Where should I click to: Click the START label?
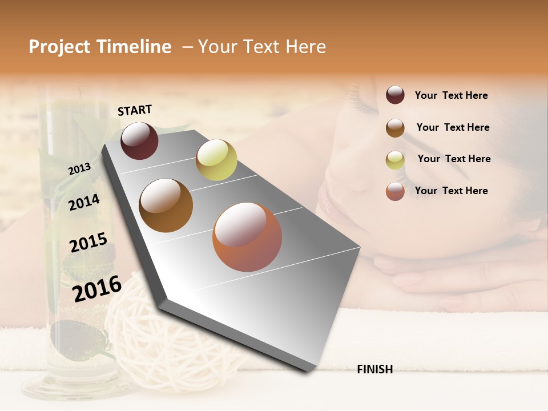(135, 110)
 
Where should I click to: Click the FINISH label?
(374, 369)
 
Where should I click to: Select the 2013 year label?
(79, 169)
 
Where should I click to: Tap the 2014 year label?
(84, 202)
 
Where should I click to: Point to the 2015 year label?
(88, 243)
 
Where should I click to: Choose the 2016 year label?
(97, 288)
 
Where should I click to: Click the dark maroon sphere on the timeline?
(139, 140)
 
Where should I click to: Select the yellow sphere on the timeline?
(216, 160)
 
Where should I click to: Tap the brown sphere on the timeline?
(166, 205)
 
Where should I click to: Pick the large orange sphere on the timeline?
(247, 237)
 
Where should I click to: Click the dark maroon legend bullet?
(395, 95)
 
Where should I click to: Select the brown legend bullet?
(395, 128)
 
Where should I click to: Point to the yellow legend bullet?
(395, 160)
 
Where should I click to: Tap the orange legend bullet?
(395, 191)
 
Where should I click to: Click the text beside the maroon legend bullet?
(451, 95)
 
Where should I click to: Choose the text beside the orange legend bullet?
(451, 191)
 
